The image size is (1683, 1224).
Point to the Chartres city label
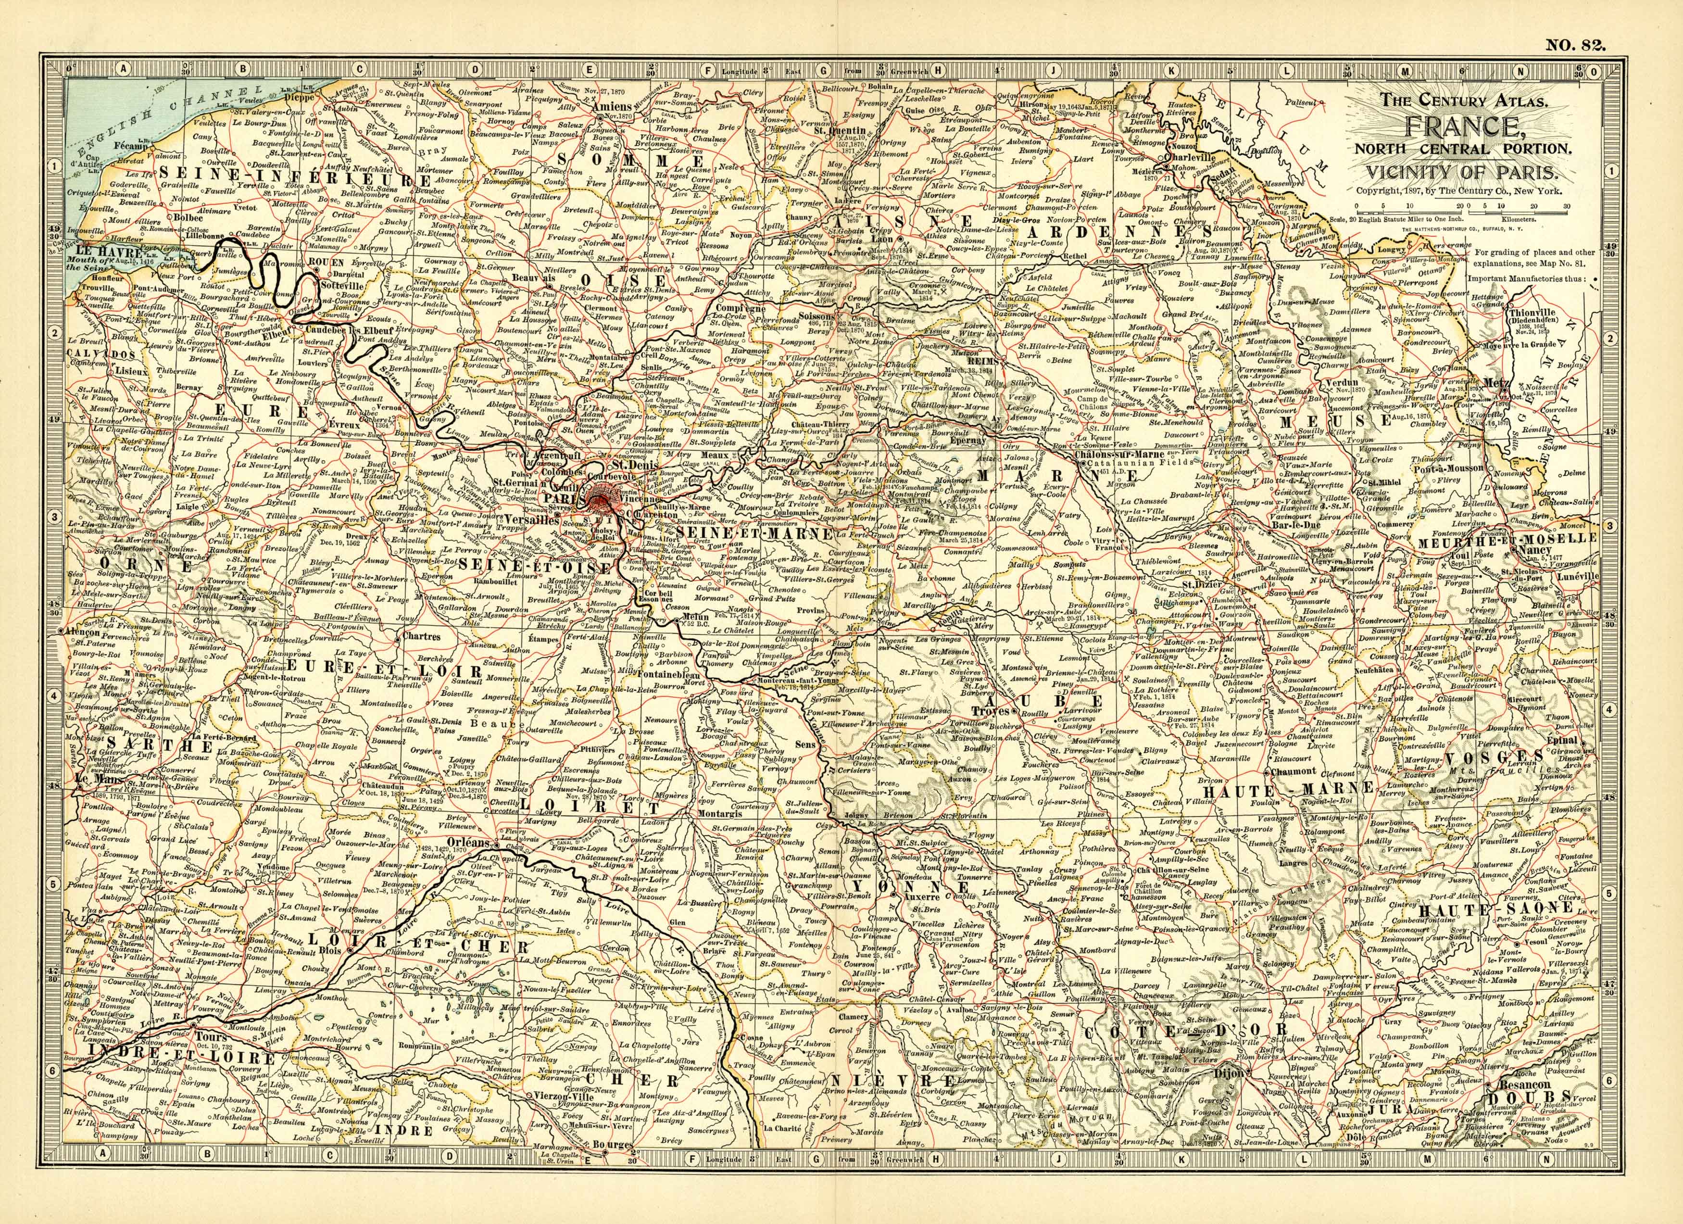pos(420,636)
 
